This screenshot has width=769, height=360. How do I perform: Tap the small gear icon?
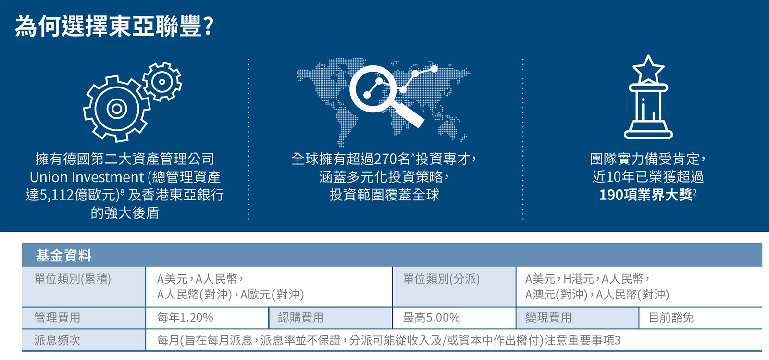click(x=161, y=82)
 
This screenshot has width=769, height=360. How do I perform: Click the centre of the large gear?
click(x=116, y=109)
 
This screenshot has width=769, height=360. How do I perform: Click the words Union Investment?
click(x=87, y=177)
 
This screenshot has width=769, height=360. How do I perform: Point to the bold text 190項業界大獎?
click(x=646, y=195)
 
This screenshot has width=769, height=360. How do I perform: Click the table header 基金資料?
click(x=64, y=256)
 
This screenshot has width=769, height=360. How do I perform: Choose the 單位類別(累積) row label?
click(x=73, y=279)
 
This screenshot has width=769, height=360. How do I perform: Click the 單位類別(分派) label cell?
click(x=441, y=279)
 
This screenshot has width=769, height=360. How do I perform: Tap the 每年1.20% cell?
click(x=185, y=317)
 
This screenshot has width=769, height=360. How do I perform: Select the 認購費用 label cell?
click(x=301, y=317)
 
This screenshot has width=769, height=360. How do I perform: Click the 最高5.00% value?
click(x=431, y=317)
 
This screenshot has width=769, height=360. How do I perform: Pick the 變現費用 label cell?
click(x=548, y=317)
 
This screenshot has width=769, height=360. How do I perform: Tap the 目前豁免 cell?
click(x=671, y=317)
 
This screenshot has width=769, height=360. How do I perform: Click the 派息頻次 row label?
click(x=57, y=340)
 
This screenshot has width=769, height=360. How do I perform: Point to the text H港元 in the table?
click(x=579, y=279)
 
